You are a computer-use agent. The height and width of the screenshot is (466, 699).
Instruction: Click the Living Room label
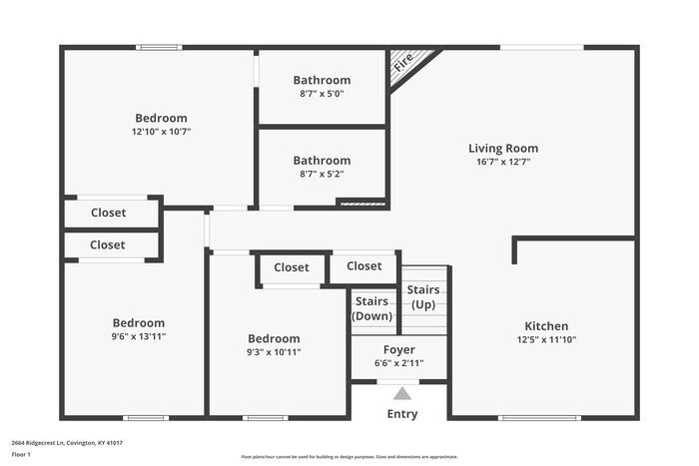coord(503,149)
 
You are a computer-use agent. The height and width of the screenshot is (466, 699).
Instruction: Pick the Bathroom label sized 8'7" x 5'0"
coord(322,80)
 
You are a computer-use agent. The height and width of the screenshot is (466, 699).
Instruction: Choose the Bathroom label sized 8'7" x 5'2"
coord(322,160)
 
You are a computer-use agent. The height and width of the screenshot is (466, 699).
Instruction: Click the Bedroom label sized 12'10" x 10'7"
coord(161,118)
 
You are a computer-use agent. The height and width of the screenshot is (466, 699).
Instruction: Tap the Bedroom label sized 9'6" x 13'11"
coord(138,323)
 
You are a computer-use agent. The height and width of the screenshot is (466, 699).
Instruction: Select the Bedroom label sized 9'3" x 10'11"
coord(274,338)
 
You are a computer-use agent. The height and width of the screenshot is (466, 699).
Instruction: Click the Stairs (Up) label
coord(423,296)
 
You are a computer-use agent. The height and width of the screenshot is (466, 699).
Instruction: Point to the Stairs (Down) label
coord(371,307)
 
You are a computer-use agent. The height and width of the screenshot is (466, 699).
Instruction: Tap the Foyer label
coord(399,350)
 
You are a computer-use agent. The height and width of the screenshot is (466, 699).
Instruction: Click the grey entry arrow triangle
coord(402,393)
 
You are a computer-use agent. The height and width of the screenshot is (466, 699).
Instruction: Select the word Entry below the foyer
coord(402,414)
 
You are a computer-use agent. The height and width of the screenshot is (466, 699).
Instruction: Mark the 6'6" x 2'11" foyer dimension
coord(399,363)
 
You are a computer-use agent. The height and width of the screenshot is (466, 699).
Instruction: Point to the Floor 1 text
coord(21,455)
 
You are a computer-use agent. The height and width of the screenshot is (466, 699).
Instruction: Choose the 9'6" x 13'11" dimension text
coord(138,336)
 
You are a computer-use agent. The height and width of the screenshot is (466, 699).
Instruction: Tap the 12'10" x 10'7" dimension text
coord(161,131)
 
